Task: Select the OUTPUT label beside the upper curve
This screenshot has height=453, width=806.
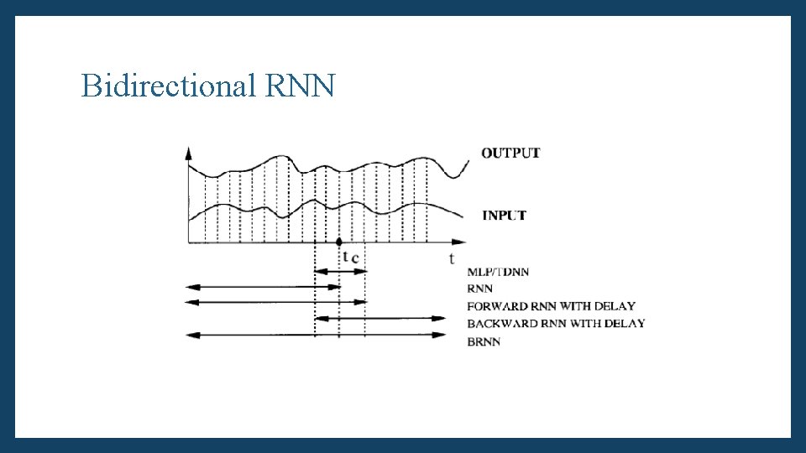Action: pyautogui.click(x=510, y=153)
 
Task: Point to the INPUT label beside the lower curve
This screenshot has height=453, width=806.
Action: pyautogui.click(x=504, y=216)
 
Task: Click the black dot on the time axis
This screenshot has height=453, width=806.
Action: pyautogui.click(x=339, y=242)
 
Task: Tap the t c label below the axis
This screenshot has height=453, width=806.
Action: pyautogui.click(x=351, y=257)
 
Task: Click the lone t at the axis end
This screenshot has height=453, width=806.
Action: pyautogui.click(x=452, y=258)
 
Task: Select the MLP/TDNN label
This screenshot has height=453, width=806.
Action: pyautogui.click(x=498, y=272)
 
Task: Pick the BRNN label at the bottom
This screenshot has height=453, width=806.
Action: pyautogui.click(x=484, y=341)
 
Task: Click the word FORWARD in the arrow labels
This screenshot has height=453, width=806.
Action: pyautogui.click(x=495, y=306)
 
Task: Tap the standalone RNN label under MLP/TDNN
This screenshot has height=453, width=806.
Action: pyautogui.click(x=479, y=289)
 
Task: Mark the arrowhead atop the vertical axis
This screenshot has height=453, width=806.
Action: pyautogui.click(x=188, y=153)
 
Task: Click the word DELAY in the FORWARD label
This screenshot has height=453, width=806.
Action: pyautogui.click(x=615, y=306)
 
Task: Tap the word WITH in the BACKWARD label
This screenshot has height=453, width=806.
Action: pyautogui.click(x=584, y=324)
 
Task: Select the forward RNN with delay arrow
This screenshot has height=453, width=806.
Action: pyautogui.click(x=277, y=302)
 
